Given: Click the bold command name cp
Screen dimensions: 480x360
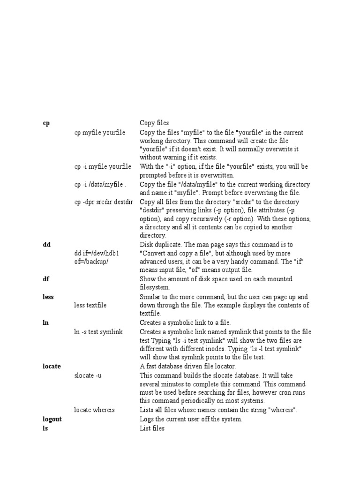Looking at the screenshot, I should tap(46, 123).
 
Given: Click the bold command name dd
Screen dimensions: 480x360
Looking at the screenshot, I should tap(46, 245).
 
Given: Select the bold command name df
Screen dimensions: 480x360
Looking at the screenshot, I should tap(46, 279).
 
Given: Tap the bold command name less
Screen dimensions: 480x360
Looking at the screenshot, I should tap(48, 297).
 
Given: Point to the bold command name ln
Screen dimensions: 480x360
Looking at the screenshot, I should tap(45, 323).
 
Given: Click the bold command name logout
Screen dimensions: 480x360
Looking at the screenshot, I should tap(52, 420).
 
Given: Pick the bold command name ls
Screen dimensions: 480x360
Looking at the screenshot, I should tap(45, 428).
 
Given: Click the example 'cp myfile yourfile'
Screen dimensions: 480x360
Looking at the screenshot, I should tap(100, 133).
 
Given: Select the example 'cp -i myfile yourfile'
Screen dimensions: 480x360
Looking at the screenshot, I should tap(103, 166).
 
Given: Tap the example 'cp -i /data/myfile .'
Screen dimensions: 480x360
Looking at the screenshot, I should tap(100, 184).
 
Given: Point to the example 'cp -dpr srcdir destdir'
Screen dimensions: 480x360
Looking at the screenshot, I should tap(104, 202).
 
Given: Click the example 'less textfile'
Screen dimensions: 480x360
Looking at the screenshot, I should tap(90, 305).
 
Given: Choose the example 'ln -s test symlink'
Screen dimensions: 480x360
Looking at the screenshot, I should tap(98, 332).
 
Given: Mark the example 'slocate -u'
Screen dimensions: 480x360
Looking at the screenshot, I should tap(88, 375).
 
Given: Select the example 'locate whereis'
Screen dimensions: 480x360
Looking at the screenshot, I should tap(94, 410).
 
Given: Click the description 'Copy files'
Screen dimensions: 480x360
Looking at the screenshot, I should tap(154, 123).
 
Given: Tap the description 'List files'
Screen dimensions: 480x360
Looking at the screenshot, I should tap(152, 428).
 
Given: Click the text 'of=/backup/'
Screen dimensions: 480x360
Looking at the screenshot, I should tap(91, 262).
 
